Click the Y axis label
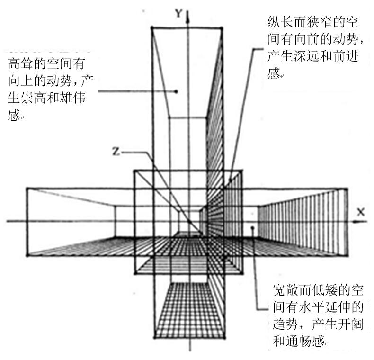[x=178, y=13]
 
